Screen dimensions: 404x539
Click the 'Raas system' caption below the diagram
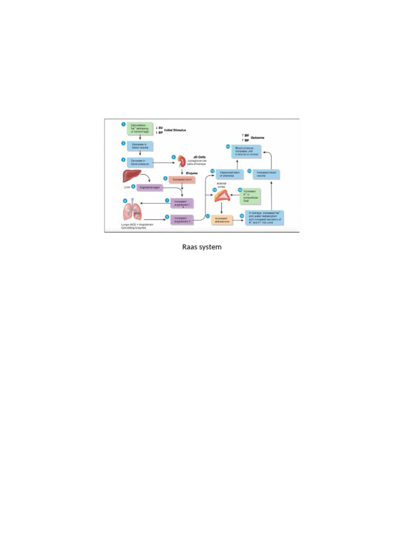tap(201, 246)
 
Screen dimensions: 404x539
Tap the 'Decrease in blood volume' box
tap(140, 146)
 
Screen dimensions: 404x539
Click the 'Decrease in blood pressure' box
tap(140, 163)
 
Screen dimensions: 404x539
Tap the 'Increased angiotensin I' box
tap(180, 203)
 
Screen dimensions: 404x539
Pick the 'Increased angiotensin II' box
tap(180, 219)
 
